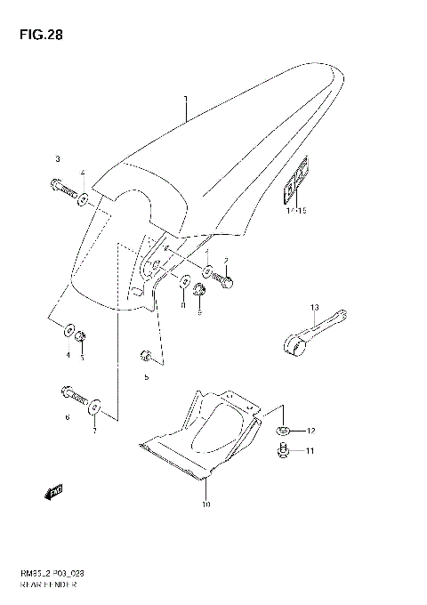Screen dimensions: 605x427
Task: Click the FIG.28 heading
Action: (x=36, y=36)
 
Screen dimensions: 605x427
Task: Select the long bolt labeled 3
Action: (x=63, y=189)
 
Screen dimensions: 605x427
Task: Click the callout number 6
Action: (x=66, y=417)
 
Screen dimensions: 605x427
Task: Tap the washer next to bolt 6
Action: (x=96, y=407)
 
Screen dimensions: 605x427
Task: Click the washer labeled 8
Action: (x=185, y=283)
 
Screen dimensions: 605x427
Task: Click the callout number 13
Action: (x=314, y=307)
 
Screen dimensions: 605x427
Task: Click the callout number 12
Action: (x=311, y=432)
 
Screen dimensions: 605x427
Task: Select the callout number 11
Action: (x=311, y=452)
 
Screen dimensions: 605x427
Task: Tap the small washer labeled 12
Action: (x=284, y=432)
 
